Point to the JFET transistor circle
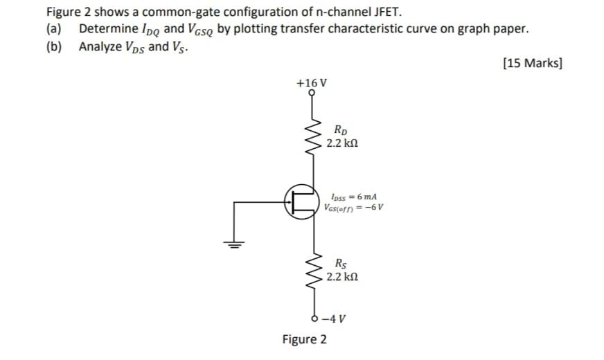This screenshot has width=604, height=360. pyautogui.click(x=301, y=201)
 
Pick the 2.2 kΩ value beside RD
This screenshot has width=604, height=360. pyautogui.click(x=342, y=143)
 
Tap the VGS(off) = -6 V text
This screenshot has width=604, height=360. pyautogui.click(x=353, y=207)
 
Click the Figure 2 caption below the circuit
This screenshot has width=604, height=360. pyautogui.click(x=305, y=340)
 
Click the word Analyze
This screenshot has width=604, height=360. pyautogui.click(x=101, y=46)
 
